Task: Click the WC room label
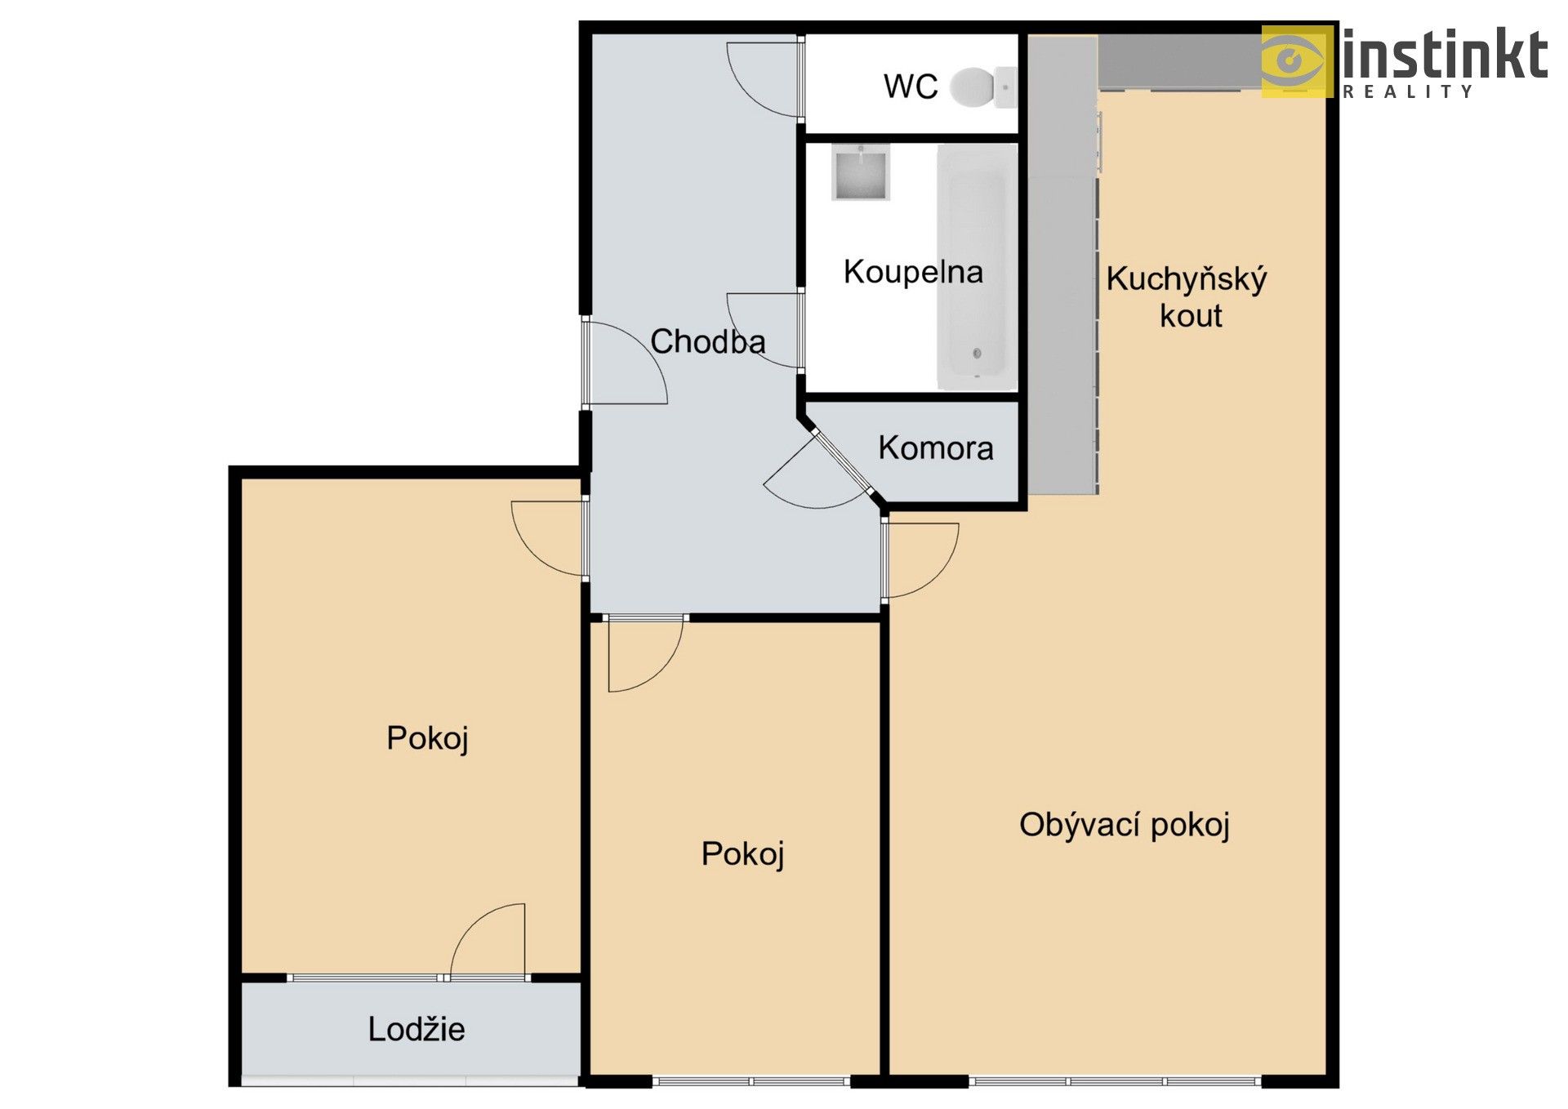911,86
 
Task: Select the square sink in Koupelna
860,173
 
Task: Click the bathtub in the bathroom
977,267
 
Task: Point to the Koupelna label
912,272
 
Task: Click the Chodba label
707,341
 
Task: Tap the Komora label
936,448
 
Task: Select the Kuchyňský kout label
1187,296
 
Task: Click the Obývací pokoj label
1124,825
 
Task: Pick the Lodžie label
416,1029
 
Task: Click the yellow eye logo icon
1295,61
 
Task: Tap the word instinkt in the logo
1444,55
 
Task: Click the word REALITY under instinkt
1408,91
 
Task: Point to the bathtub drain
977,354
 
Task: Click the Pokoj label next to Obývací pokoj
742,854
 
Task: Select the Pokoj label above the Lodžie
426,738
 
